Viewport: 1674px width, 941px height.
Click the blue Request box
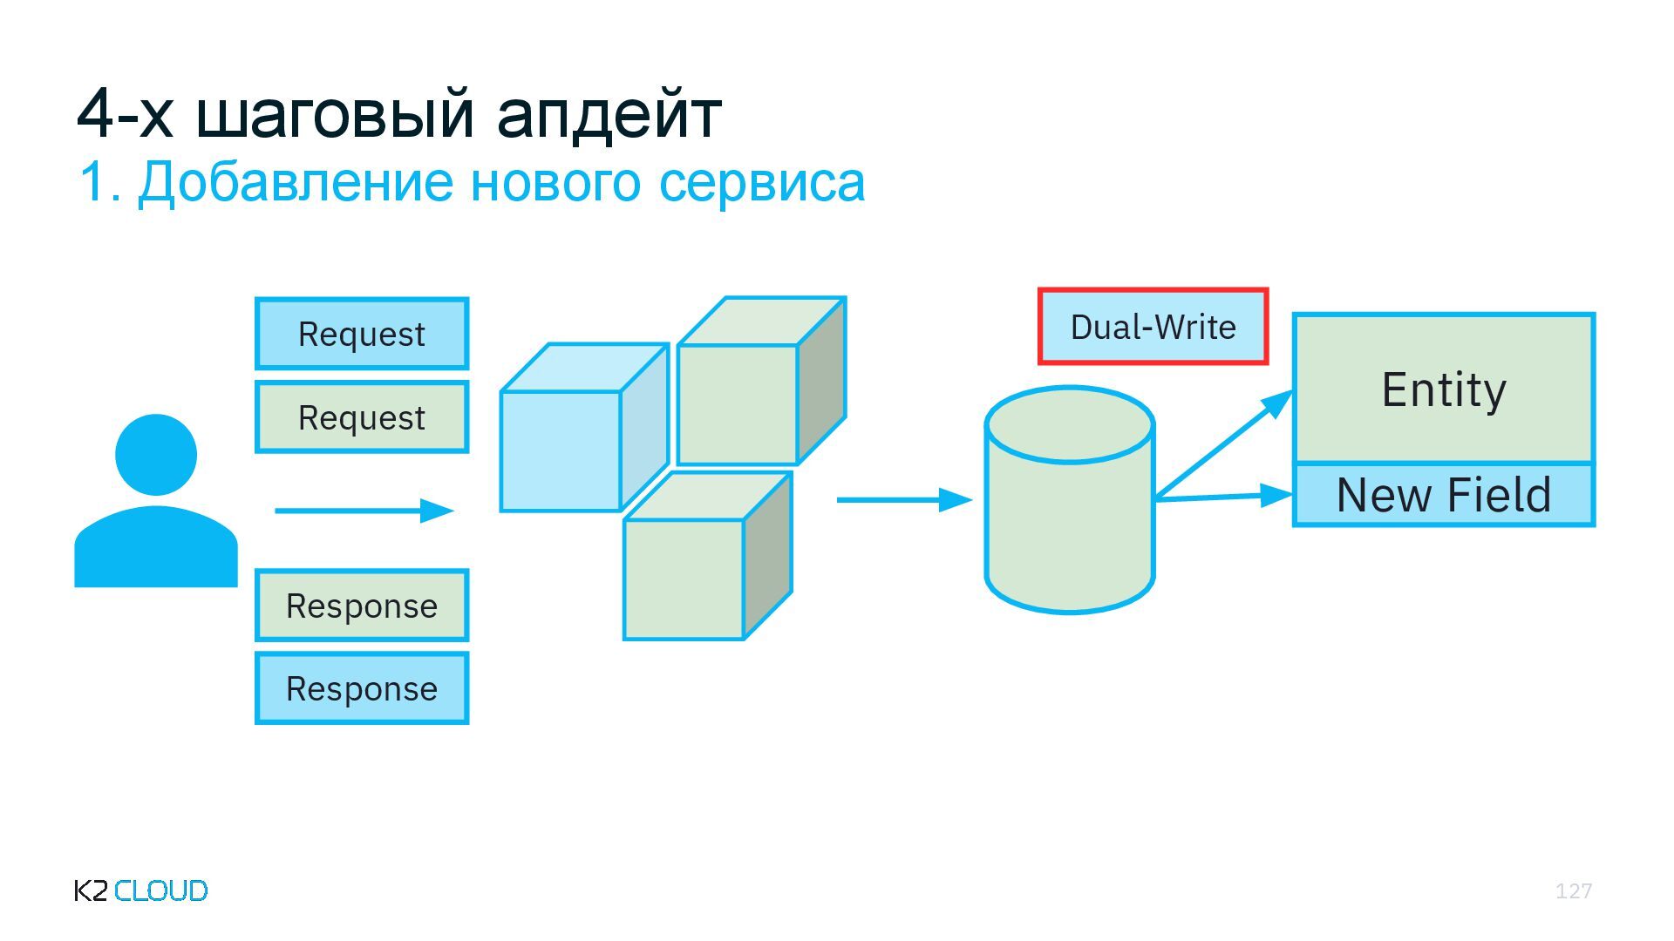(362, 334)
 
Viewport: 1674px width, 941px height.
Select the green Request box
(362, 417)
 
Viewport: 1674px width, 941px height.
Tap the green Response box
(362, 606)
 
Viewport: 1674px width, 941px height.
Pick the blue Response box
(362, 688)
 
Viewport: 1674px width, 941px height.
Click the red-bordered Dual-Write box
(1153, 327)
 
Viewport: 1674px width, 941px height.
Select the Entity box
(1444, 389)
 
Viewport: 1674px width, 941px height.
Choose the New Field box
(1444, 495)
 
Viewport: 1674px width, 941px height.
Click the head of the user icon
(156, 455)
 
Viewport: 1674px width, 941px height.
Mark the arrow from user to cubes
(364, 511)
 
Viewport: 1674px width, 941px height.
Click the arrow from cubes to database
(903, 500)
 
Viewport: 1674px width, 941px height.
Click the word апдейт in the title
(609, 113)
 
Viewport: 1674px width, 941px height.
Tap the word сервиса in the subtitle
(761, 182)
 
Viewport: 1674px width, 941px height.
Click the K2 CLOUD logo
(141, 890)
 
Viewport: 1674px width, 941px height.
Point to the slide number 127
(1574, 890)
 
